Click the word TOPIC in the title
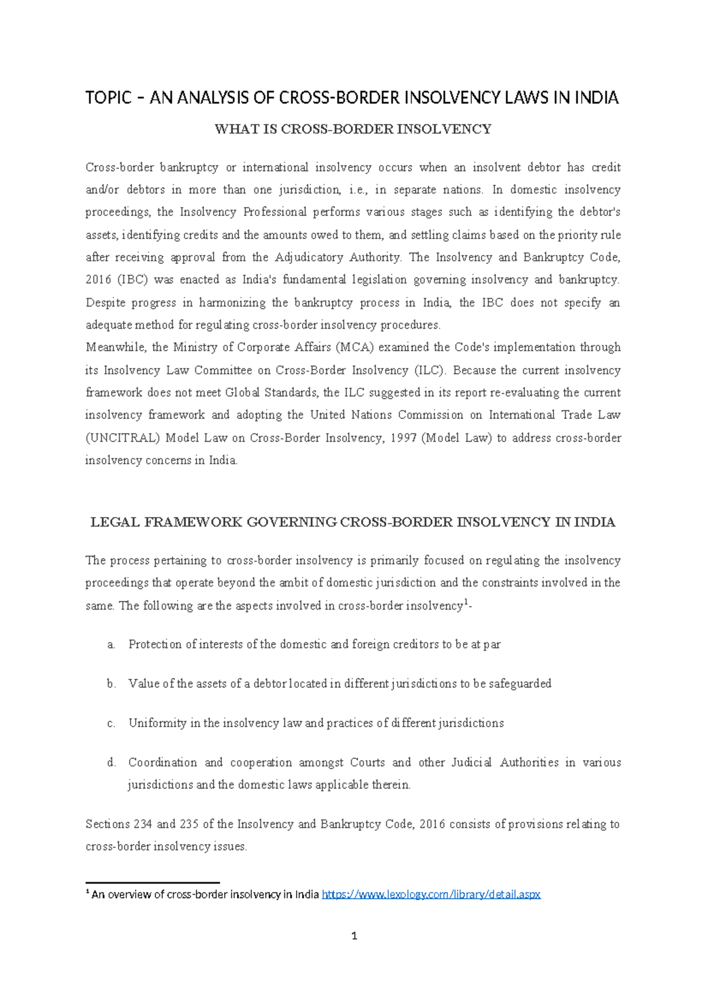click(x=108, y=97)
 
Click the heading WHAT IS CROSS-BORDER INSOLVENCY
click(x=353, y=129)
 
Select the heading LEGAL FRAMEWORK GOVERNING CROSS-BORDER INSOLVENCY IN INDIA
click(x=353, y=522)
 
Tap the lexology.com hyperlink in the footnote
click(x=431, y=894)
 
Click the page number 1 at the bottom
click(x=354, y=935)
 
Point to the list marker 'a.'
click(x=111, y=645)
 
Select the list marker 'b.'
click(x=111, y=683)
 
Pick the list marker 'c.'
click(x=111, y=723)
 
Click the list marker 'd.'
click(x=111, y=763)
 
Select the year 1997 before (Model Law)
click(x=404, y=438)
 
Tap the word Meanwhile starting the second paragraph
click(x=116, y=348)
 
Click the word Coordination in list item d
click(x=162, y=763)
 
